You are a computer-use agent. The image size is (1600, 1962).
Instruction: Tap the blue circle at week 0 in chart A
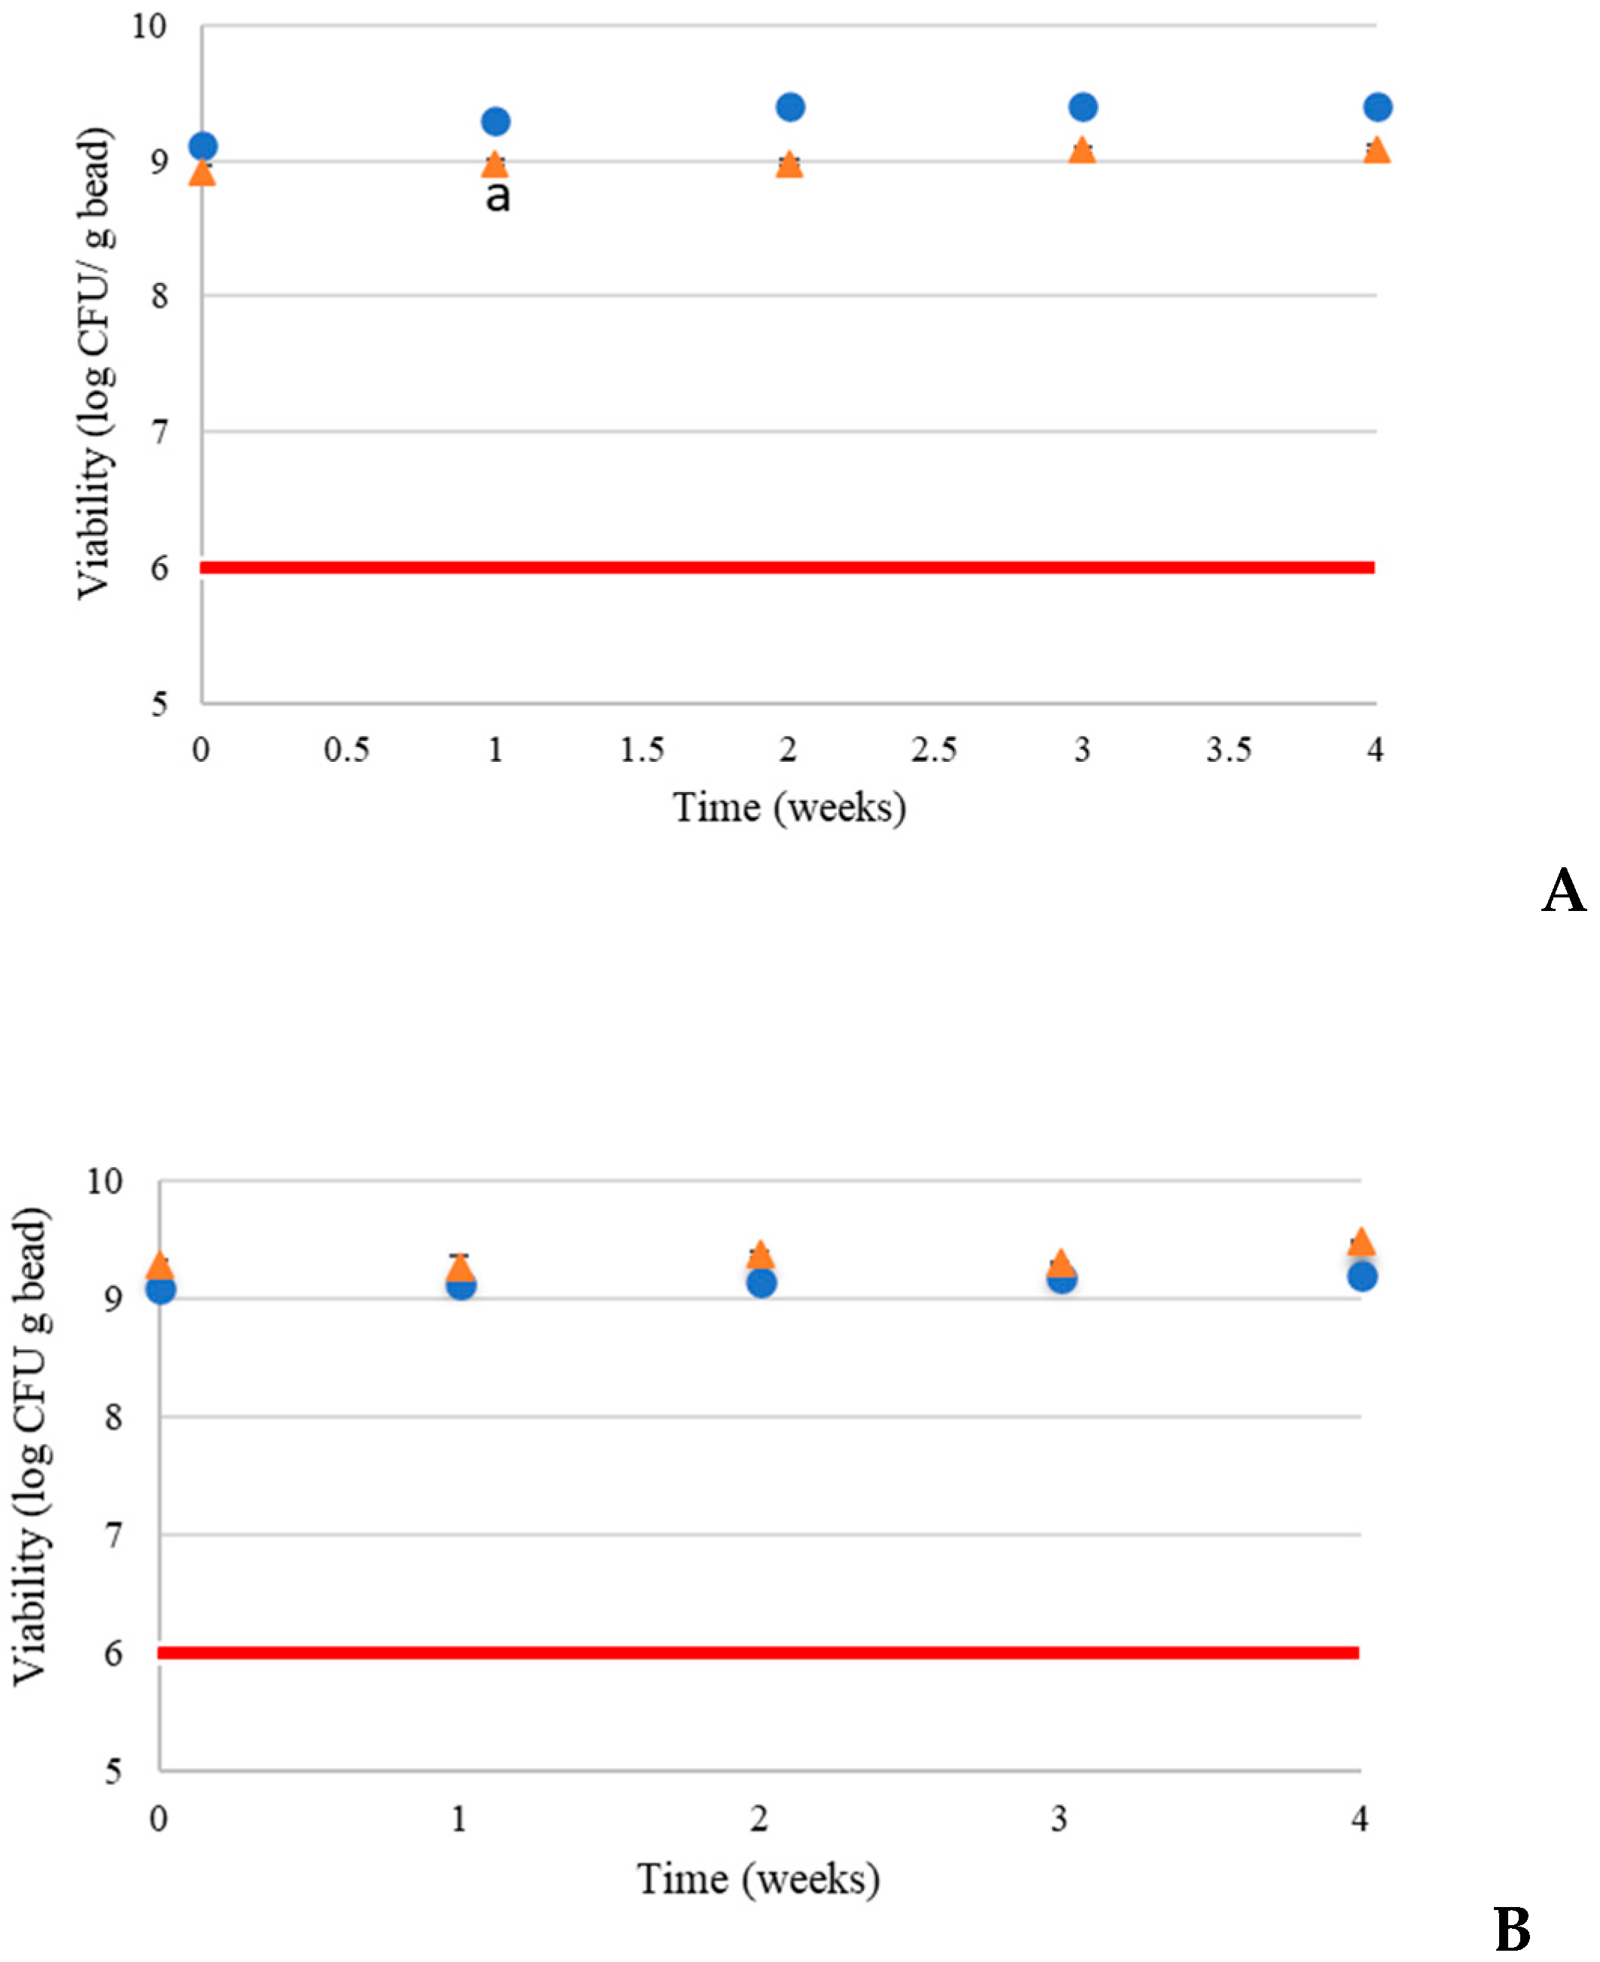[x=202, y=145]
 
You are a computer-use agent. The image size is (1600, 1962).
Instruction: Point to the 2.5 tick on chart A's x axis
[x=934, y=751]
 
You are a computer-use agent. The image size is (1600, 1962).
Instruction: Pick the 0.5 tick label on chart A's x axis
[x=346, y=751]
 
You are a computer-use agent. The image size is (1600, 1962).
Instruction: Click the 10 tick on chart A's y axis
[x=148, y=26]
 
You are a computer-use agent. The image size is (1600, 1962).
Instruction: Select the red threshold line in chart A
[x=788, y=567]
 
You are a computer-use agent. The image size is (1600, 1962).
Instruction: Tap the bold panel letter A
[x=1564, y=891]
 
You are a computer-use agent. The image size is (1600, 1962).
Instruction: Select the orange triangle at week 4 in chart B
[x=1361, y=1243]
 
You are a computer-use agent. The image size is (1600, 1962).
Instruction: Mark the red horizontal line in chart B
[x=759, y=1653]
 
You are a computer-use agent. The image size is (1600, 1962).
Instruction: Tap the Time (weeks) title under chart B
[x=759, y=1878]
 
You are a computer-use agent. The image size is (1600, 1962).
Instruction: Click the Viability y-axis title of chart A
[x=94, y=364]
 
